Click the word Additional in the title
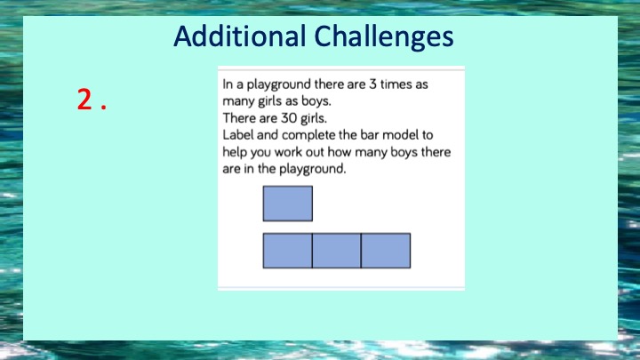pos(240,36)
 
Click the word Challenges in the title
pos(384,37)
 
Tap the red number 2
pos(85,100)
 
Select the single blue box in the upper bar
pos(288,204)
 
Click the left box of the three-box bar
pos(287,251)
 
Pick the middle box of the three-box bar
pos(337,251)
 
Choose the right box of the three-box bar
pos(386,251)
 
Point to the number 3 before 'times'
pos(372,84)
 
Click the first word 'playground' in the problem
pos(279,85)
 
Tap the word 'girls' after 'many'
pos(269,101)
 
